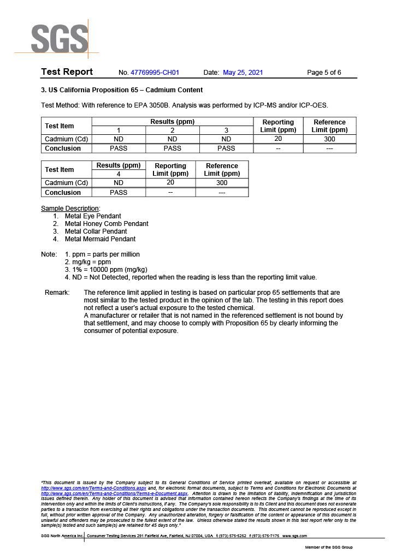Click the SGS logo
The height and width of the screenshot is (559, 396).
tap(59, 38)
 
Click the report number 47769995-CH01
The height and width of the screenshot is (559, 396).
tap(156, 73)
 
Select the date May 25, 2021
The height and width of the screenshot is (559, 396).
tap(243, 73)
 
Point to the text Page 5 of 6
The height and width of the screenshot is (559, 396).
tap(324, 73)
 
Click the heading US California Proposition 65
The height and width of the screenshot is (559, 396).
tap(122, 90)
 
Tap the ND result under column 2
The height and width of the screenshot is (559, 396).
tap(173, 139)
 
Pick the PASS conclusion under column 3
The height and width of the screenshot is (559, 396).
tap(226, 148)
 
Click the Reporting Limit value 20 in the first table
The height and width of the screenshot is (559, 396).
tap(278, 139)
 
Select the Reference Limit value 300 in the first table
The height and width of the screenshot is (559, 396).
tap(329, 139)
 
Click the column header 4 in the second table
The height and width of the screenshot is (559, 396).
tap(119, 174)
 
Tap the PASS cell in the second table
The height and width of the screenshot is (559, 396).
tap(119, 193)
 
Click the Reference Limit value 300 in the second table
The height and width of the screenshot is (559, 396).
tap(222, 183)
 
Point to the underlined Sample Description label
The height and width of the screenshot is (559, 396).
tap(70, 209)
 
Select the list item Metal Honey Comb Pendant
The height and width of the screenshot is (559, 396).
tap(107, 224)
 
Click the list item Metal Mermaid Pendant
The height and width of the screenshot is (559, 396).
tap(100, 239)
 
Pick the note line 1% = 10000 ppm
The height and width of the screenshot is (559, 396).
tap(106, 270)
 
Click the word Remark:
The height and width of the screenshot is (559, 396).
tap(57, 293)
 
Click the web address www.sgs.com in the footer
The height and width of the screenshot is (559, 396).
tap(294, 536)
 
